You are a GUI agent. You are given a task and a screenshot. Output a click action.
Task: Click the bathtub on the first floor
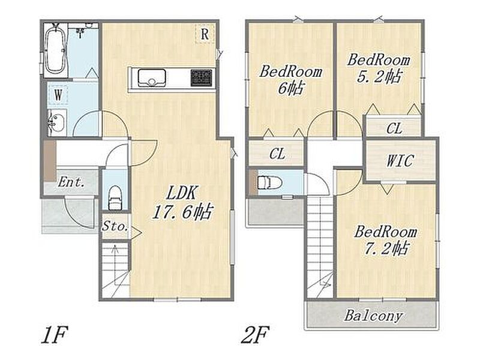click(55, 50)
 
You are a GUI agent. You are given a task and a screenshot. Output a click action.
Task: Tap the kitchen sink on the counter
click(152, 77)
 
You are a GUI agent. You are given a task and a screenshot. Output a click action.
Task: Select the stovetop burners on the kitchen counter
click(201, 77)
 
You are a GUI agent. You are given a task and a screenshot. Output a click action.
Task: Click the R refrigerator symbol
click(205, 34)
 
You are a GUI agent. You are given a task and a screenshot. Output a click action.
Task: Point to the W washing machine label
click(58, 95)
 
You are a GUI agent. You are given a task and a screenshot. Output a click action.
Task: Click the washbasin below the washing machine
click(57, 122)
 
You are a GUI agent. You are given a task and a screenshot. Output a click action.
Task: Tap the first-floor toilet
click(115, 198)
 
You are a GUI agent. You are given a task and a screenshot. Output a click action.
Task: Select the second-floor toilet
click(269, 183)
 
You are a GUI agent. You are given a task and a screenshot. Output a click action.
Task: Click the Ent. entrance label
click(71, 183)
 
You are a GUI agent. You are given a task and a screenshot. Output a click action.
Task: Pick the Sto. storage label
click(115, 227)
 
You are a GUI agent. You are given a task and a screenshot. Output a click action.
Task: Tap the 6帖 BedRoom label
click(290, 80)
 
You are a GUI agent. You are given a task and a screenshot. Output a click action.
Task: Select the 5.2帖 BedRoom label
click(379, 68)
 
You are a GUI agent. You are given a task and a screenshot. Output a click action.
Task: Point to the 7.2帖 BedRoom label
click(386, 241)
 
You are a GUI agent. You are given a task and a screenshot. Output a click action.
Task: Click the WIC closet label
click(400, 161)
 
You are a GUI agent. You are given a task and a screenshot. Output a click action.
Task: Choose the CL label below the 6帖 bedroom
click(277, 154)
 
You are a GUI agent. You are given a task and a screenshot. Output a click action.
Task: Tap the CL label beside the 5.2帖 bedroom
click(394, 128)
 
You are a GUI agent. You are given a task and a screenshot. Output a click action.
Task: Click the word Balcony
click(373, 316)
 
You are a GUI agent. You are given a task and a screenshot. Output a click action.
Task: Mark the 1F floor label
click(54, 335)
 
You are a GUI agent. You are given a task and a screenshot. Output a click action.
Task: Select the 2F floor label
click(255, 335)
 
